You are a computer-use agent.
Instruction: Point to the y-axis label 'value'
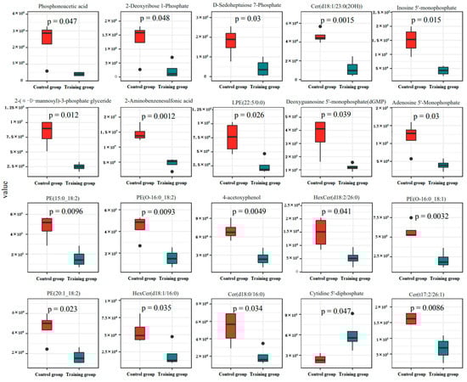[x=6, y=194]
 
